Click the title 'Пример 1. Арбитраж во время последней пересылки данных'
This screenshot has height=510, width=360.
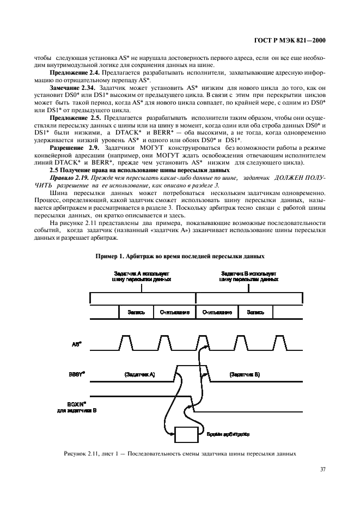(x=180, y=256)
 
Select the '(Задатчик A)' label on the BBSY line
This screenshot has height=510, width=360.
(x=140, y=375)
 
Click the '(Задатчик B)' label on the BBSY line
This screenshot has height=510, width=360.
(x=245, y=375)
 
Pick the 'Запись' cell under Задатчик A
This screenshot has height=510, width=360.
(x=136, y=313)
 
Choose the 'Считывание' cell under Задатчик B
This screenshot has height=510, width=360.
(x=217, y=313)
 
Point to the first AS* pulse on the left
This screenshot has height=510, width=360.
(x=126, y=342)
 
